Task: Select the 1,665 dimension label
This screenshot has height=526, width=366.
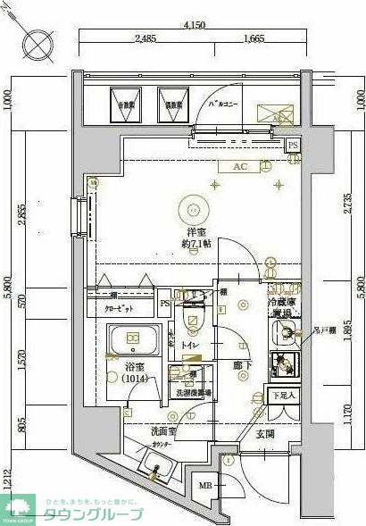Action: tap(253, 38)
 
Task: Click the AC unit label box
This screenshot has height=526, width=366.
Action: tap(239, 166)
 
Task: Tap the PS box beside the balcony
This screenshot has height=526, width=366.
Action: tap(293, 146)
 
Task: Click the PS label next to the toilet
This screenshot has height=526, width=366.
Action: tap(164, 303)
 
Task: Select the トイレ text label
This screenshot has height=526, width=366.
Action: tap(189, 343)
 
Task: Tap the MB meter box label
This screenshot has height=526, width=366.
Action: tap(204, 486)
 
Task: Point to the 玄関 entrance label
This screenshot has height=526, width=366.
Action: tap(266, 434)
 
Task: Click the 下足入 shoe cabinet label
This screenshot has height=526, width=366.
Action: tap(283, 395)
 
